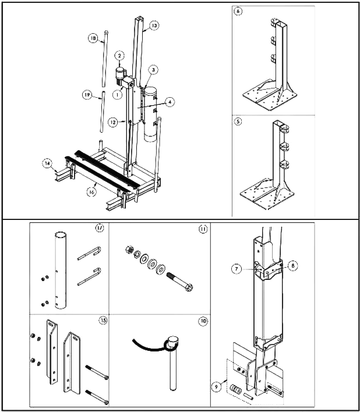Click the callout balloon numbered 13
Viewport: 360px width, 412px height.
pyautogui.click(x=154, y=26)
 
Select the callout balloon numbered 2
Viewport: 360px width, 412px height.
pyautogui.click(x=119, y=56)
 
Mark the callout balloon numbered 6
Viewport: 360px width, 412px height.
pyautogui.click(x=238, y=12)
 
